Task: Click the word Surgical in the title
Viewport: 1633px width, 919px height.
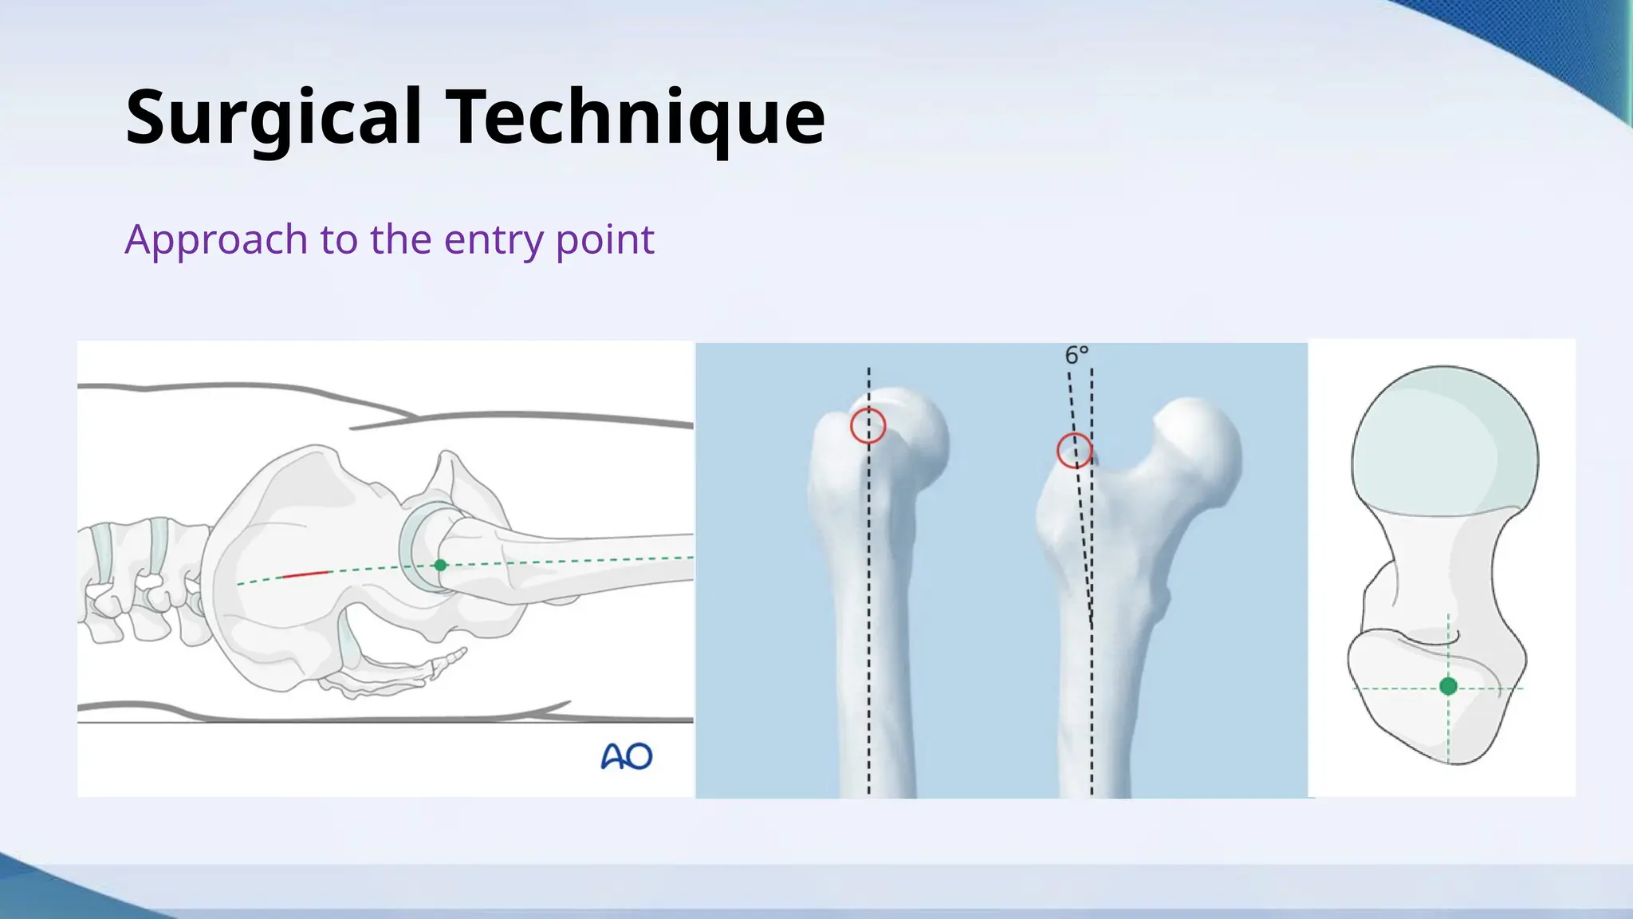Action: (x=273, y=118)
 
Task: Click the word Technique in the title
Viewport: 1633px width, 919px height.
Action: (x=635, y=118)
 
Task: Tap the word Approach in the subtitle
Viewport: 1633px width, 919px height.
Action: (x=216, y=239)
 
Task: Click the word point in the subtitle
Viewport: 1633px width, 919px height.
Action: (x=604, y=239)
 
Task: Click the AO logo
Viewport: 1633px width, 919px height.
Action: (x=626, y=755)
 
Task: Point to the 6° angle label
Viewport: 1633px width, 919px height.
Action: (x=1076, y=356)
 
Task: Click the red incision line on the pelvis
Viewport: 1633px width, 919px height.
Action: (x=305, y=574)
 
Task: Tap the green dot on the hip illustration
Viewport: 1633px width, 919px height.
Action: (x=440, y=565)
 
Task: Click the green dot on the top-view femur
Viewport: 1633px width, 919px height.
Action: (x=1449, y=686)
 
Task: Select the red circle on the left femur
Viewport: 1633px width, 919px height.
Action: (x=868, y=426)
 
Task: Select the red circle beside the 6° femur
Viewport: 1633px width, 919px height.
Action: (x=1074, y=451)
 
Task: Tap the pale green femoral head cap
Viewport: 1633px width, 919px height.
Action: (x=1445, y=439)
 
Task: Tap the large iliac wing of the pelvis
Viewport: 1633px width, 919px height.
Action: (x=295, y=511)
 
